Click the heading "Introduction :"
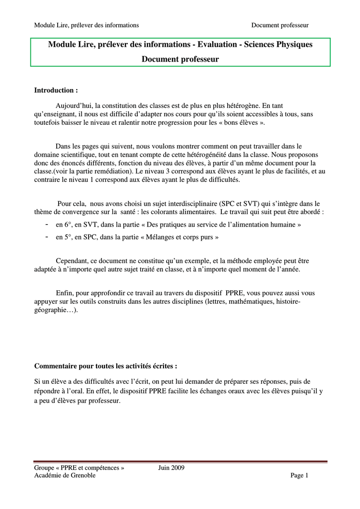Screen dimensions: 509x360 click(x=56, y=90)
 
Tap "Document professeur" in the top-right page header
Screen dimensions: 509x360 click(x=280, y=25)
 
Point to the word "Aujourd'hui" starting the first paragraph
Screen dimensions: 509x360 click(x=75, y=106)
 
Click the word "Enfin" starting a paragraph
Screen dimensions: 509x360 click(x=64, y=293)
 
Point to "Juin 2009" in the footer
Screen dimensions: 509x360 click(x=172, y=468)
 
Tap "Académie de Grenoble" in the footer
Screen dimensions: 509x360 click(x=65, y=476)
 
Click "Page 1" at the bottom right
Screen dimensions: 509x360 click(x=299, y=476)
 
